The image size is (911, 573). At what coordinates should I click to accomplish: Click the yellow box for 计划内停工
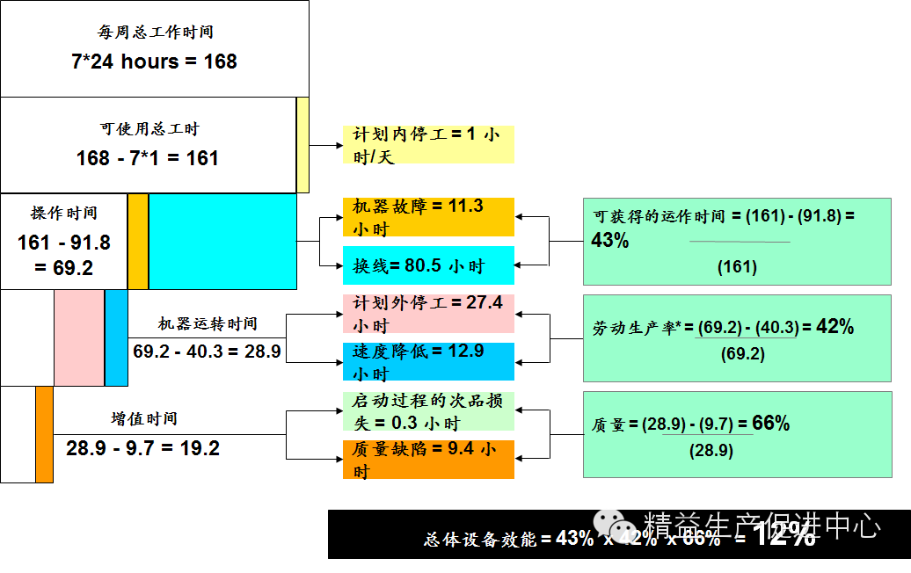click(428, 144)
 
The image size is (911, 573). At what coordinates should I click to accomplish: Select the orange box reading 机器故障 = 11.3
click(428, 217)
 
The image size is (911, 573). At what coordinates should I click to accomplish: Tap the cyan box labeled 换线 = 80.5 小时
click(428, 265)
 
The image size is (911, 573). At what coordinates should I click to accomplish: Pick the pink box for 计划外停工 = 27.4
click(428, 314)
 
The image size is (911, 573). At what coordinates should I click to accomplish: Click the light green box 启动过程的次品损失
click(428, 411)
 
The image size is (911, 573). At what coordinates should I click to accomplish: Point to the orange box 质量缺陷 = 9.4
click(428, 460)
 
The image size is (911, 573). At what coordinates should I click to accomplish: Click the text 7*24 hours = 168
click(154, 62)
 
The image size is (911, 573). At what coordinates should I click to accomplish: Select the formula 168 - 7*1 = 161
click(148, 158)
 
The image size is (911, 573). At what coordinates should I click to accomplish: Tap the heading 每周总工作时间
click(155, 33)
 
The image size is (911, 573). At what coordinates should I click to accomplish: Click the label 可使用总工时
click(149, 129)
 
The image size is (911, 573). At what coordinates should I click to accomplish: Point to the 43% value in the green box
click(610, 240)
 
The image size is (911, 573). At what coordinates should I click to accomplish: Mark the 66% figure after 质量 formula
click(771, 424)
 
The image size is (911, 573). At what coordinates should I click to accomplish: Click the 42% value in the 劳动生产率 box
click(835, 327)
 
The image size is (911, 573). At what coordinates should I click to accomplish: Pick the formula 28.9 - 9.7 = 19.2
click(142, 448)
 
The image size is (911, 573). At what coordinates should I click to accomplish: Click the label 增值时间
click(144, 419)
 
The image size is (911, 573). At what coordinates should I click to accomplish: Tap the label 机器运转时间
click(208, 323)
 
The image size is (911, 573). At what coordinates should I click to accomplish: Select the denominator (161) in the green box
click(737, 266)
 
